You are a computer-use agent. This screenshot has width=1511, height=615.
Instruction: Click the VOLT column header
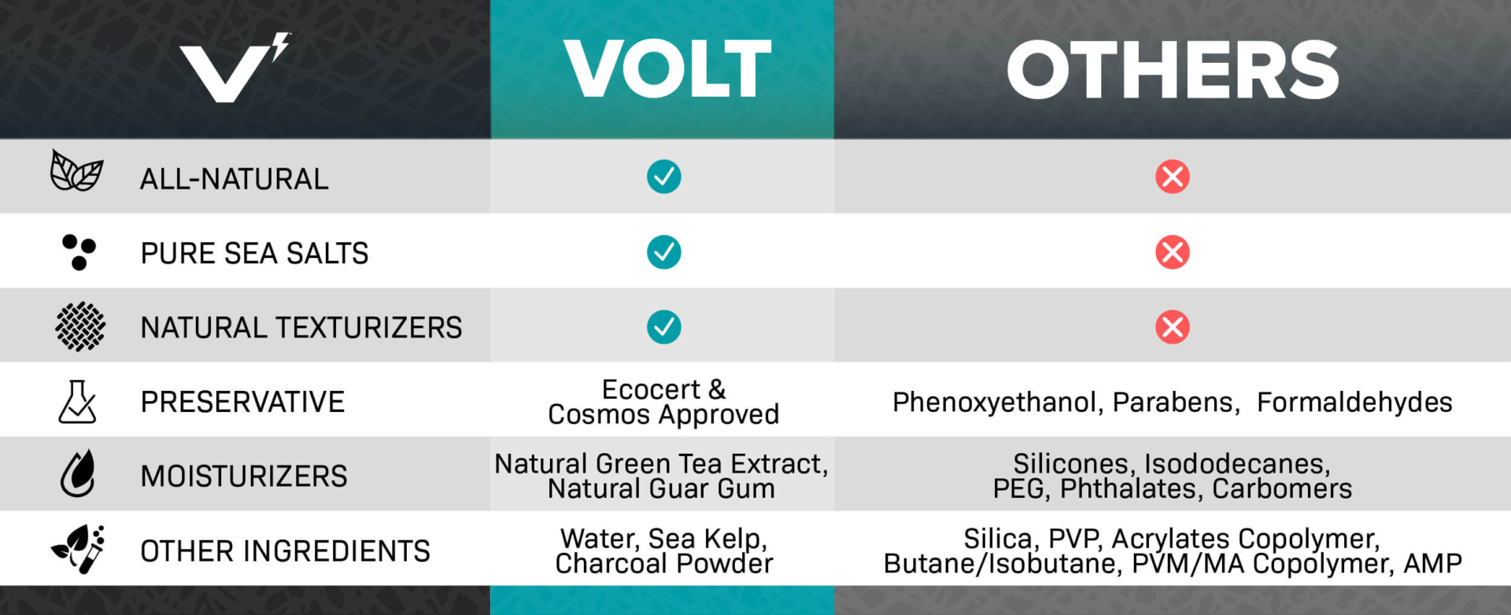click(667, 69)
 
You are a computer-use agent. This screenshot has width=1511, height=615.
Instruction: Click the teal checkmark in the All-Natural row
click(663, 177)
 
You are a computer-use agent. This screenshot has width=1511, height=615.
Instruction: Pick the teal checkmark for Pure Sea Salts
click(663, 252)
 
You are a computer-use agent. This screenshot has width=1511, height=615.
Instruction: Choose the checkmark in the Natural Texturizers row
click(663, 327)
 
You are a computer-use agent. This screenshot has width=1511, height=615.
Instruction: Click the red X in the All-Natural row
click(1172, 177)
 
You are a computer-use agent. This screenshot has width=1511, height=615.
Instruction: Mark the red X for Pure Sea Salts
click(1172, 252)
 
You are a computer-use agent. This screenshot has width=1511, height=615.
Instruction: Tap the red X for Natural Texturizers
click(1172, 327)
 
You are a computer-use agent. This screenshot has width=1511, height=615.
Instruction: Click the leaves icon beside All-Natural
click(76, 171)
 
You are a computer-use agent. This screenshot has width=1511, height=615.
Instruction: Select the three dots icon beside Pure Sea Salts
click(79, 252)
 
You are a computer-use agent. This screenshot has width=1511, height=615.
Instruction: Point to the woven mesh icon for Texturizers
click(79, 326)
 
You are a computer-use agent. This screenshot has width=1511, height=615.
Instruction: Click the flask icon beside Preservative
click(77, 402)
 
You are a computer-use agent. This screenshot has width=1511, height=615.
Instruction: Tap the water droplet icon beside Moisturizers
click(78, 474)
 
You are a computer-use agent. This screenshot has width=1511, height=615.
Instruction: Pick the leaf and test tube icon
click(79, 549)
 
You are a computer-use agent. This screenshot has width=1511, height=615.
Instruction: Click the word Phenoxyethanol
click(995, 403)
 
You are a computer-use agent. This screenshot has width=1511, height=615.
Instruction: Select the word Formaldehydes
click(1354, 403)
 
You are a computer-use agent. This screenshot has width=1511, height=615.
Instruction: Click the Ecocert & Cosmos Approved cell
click(663, 402)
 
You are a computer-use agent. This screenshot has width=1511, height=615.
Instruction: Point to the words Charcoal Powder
click(663, 564)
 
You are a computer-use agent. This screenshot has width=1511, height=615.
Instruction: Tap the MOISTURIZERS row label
click(243, 477)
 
